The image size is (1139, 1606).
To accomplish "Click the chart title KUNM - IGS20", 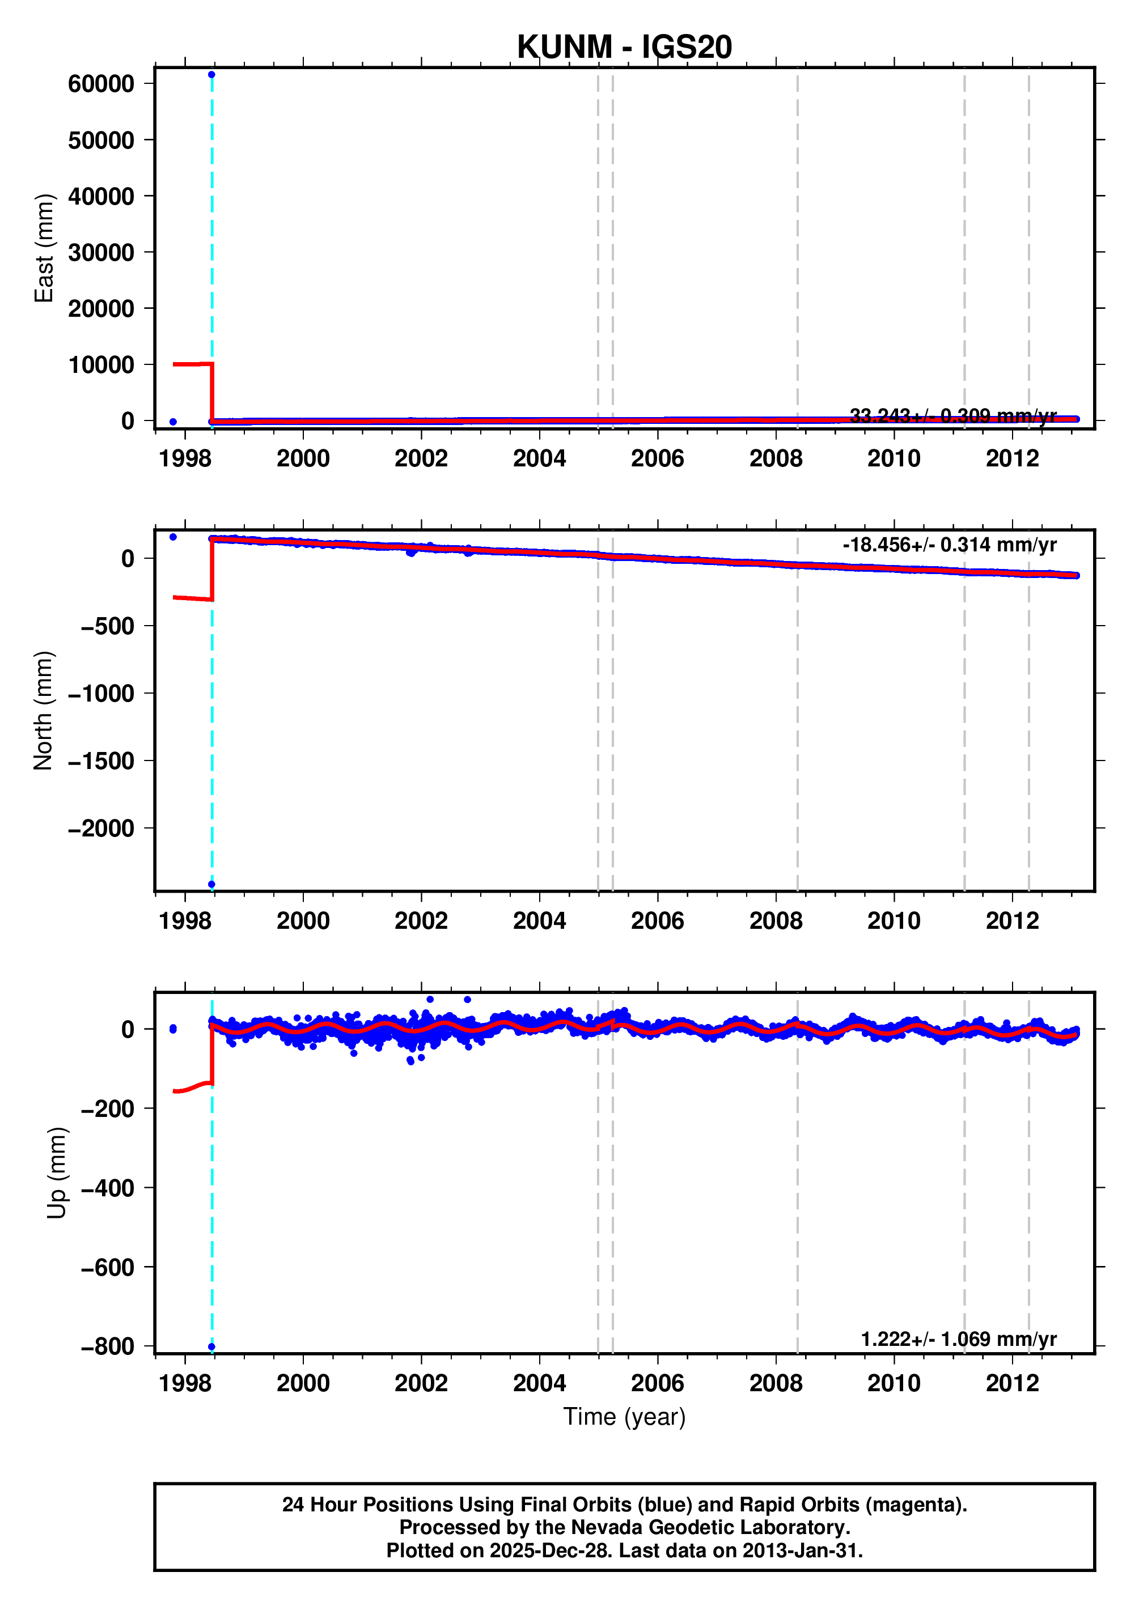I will click(x=624, y=48).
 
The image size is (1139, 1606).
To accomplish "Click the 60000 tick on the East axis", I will click(x=101, y=84).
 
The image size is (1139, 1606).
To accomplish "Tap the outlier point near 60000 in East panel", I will click(x=211, y=75).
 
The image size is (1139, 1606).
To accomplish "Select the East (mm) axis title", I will click(x=44, y=248).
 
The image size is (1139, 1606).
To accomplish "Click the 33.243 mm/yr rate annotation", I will click(x=952, y=416).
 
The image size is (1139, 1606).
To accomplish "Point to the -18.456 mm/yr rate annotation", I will click(x=949, y=545).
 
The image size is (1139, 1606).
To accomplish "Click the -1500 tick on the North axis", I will click(x=101, y=761).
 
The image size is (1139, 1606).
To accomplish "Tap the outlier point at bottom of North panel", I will click(x=211, y=885).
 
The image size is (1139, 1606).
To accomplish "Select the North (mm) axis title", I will click(x=44, y=710).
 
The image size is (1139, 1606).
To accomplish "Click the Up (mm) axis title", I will click(x=57, y=1174).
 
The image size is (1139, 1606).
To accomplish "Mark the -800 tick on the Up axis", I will click(x=107, y=1348).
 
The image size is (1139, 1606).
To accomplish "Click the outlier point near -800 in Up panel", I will click(x=211, y=1346).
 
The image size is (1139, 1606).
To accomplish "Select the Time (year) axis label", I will click(x=624, y=1417).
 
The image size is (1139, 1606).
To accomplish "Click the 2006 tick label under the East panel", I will click(x=657, y=458).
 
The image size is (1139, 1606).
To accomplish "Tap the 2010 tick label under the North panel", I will click(x=894, y=920).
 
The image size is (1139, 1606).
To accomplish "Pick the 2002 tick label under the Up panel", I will click(x=421, y=1383).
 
